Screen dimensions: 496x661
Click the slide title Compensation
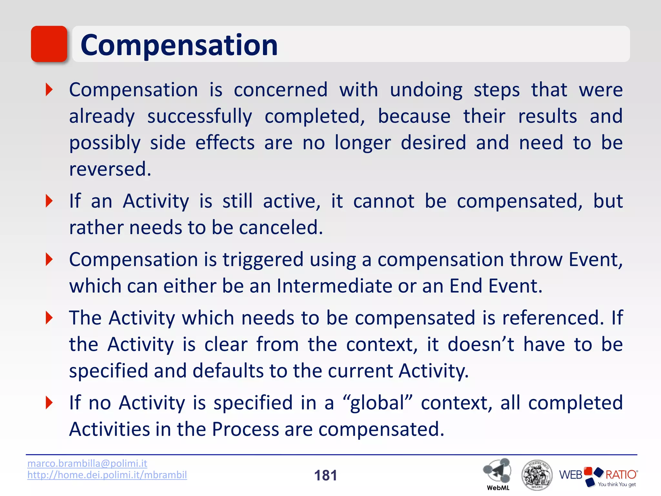tap(179, 45)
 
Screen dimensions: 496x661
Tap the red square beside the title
tap(49, 44)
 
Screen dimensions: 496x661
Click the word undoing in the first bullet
tap(426, 90)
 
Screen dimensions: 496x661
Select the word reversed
tap(110, 169)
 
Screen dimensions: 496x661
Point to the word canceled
tap(281, 227)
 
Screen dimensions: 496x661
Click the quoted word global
tap(378, 403)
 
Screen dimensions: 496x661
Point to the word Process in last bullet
tap(245, 429)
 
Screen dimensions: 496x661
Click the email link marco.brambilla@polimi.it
tap(87, 463)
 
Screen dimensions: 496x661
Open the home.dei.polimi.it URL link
tap(107, 475)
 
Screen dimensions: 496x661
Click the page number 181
tap(325, 475)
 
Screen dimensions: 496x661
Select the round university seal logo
tap(537, 475)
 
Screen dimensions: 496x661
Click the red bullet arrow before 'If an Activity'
tap(49, 201)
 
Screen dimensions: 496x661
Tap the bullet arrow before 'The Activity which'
tap(49, 318)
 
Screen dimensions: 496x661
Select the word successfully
tap(199, 117)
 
